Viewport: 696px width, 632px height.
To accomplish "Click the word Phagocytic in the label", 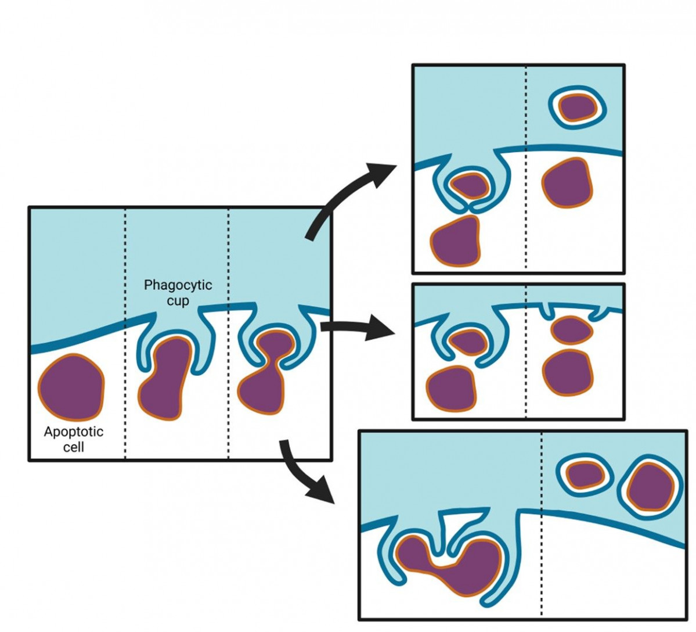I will pos(178,285).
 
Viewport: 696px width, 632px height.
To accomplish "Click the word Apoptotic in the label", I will pos(74,432).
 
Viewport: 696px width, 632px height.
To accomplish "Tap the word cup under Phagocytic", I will pos(178,301).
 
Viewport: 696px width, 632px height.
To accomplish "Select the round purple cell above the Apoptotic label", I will pos(71,386).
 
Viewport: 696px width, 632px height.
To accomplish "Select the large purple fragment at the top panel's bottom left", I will pos(456,242).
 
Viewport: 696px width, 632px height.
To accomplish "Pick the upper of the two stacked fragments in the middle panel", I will pos(571,331).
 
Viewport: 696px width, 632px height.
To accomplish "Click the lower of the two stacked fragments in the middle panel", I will pos(568,372).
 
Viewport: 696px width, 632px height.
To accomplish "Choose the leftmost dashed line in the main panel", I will pos(125,407).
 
